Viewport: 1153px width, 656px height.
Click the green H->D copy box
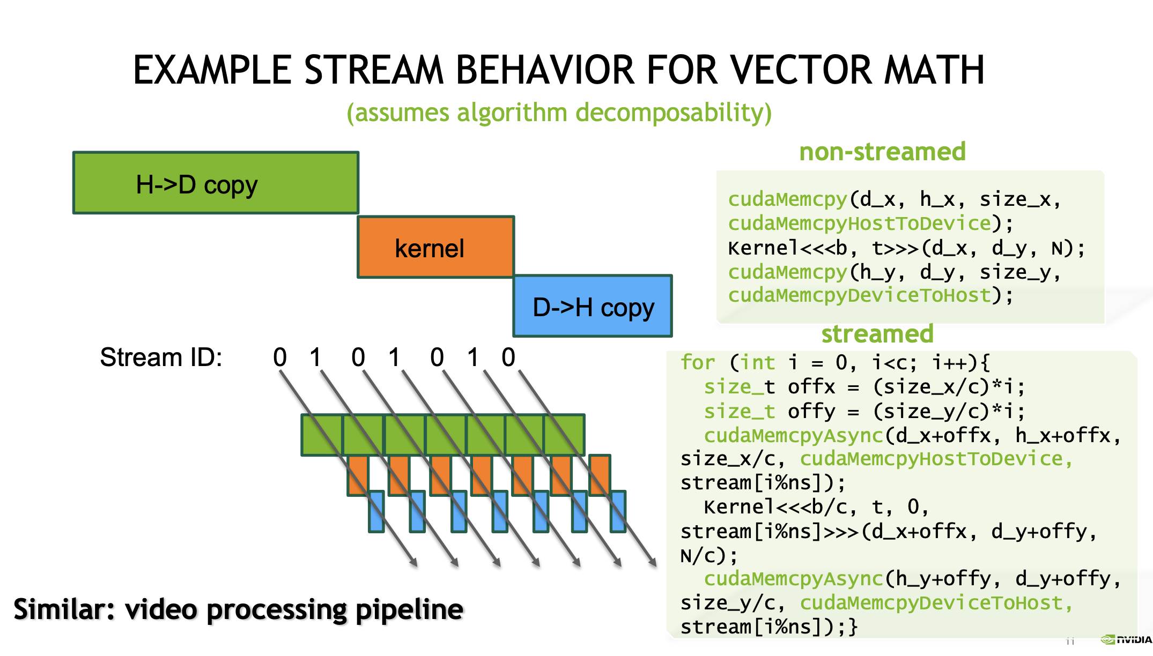(216, 183)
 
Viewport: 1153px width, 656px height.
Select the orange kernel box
(435, 247)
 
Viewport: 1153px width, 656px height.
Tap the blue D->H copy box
(593, 306)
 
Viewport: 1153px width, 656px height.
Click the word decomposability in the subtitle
(673, 113)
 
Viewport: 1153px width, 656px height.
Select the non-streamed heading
(882, 152)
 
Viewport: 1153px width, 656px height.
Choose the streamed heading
(877, 334)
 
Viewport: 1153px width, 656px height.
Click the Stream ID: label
(161, 357)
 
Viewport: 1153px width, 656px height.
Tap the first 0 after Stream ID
(280, 357)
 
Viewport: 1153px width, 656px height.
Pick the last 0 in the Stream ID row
(508, 357)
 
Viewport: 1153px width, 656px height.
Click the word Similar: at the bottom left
(64, 609)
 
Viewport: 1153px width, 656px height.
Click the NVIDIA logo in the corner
(1126, 639)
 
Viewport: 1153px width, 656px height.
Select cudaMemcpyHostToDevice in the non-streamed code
(859, 223)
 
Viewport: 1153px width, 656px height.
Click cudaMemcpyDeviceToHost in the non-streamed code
(859, 295)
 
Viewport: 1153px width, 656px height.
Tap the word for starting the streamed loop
(698, 363)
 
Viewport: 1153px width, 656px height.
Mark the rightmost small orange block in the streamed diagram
(600, 474)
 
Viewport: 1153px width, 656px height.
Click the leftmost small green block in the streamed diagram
(322, 435)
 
